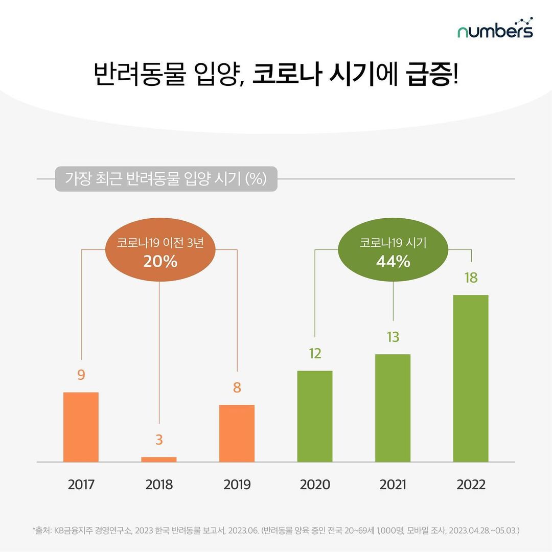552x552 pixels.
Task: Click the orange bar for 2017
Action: [x=81, y=427]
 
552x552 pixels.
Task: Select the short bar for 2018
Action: [x=159, y=459]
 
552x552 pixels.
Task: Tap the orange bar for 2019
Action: [x=237, y=433]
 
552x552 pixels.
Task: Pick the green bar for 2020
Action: [x=315, y=416]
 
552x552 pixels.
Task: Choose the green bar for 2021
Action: [x=393, y=408]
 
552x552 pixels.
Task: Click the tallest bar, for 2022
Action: [x=471, y=378]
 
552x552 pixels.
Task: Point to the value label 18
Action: [x=471, y=279]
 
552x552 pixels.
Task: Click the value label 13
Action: [x=393, y=337]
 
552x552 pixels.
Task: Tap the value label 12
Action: [x=315, y=354]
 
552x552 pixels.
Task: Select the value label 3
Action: [x=159, y=440]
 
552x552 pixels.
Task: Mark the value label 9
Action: [x=81, y=375]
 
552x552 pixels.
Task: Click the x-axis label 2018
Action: [x=159, y=485]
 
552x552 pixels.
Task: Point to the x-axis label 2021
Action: [x=393, y=485]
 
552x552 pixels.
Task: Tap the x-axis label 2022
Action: [x=471, y=485]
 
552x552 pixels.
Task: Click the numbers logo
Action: [x=495, y=30]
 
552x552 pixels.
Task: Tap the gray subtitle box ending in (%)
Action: [x=166, y=179]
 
